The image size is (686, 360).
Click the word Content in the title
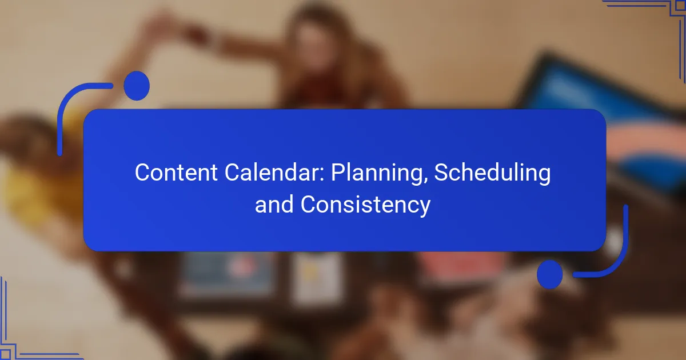[x=176, y=173]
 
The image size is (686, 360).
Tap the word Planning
[x=376, y=174]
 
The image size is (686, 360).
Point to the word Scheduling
[x=492, y=174]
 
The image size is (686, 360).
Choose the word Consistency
[x=365, y=205]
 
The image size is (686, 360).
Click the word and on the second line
[x=274, y=205]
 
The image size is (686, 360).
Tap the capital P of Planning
[x=338, y=173]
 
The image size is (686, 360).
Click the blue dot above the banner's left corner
[x=137, y=86]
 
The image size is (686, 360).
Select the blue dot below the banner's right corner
[x=550, y=274]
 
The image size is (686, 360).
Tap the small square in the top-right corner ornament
[x=680, y=6]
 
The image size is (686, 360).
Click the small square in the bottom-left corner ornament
[x=5, y=354]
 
